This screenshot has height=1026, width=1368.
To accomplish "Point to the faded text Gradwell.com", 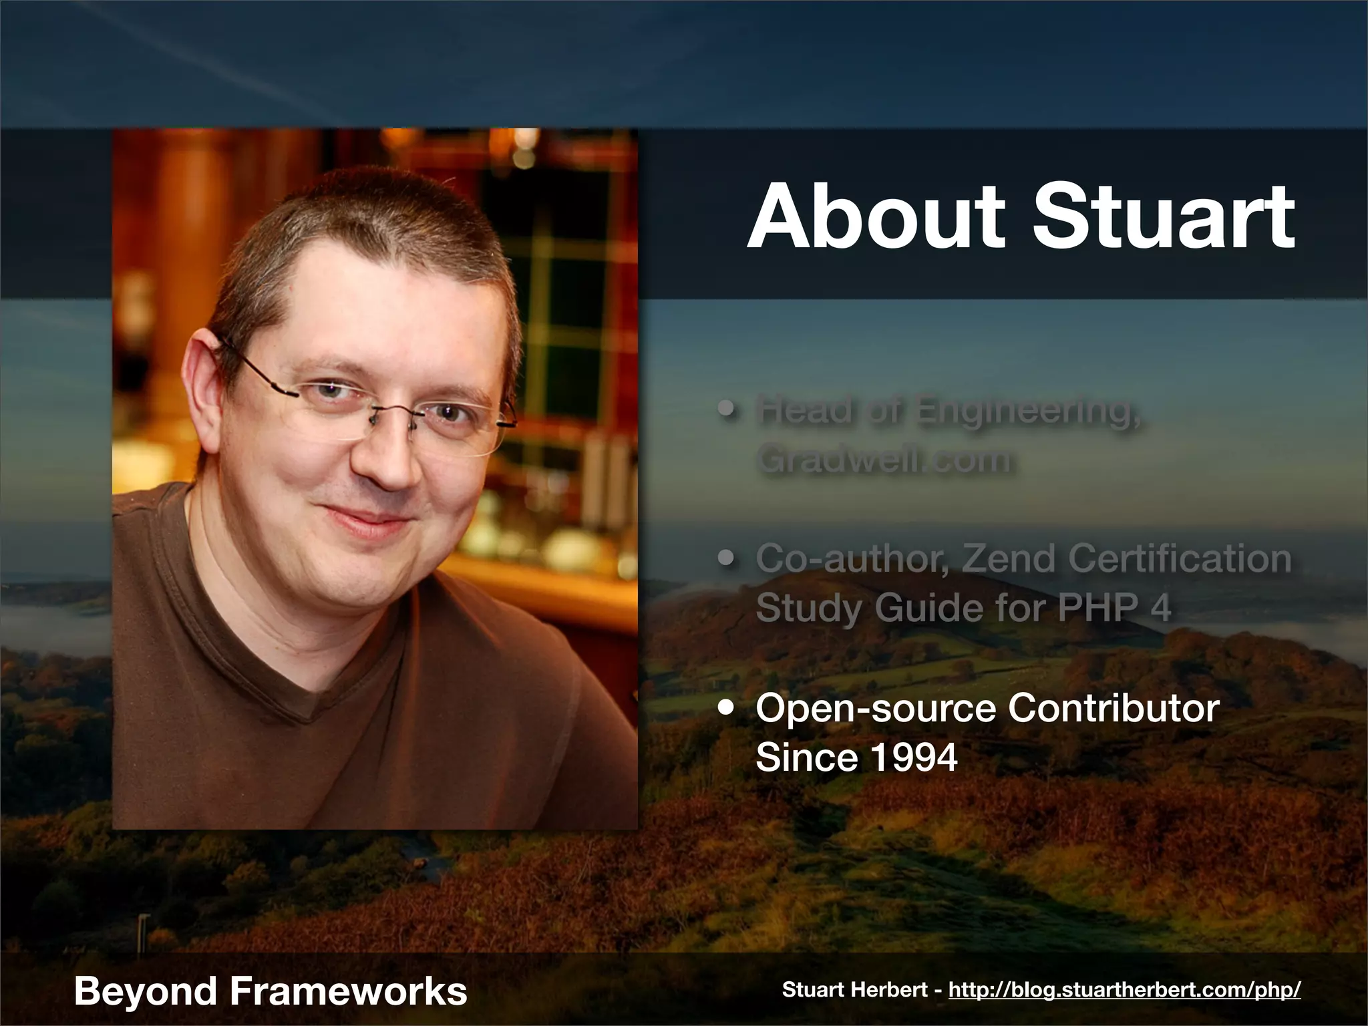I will point(884,460).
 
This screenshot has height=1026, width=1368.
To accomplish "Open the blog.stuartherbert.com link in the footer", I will point(1124,990).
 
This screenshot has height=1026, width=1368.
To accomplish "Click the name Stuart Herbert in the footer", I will point(856,990).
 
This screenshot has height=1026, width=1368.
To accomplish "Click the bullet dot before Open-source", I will point(727,709).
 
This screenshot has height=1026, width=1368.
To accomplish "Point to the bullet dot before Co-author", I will point(727,558).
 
